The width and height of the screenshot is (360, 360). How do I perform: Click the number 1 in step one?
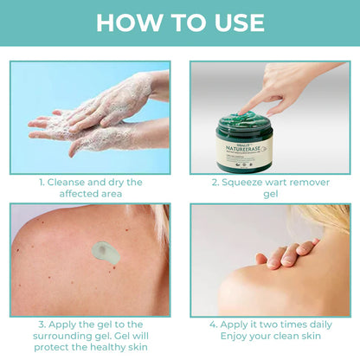pos(41,183)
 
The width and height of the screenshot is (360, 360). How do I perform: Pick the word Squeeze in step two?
pos(245,183)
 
